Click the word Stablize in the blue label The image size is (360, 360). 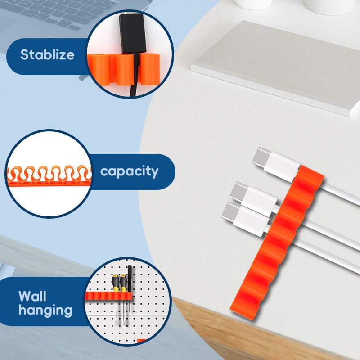point(47,55)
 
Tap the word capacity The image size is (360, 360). point(129,171)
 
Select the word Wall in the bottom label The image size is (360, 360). point(32,296)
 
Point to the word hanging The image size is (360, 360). point(45,310)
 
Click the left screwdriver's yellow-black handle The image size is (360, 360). point(115,284)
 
